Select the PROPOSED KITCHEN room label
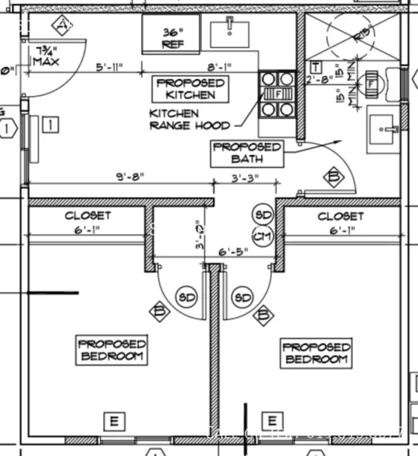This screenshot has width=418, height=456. [190, 88]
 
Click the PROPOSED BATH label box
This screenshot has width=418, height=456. [247, 153]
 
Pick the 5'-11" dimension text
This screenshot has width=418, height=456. [110, 67]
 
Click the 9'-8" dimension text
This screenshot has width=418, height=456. [130, 178]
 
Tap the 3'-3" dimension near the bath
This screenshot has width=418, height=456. [244, 178]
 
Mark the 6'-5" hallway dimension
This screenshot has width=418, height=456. [234, 251]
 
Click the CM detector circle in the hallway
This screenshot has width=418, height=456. [262, 236]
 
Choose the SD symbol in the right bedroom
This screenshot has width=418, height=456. [244, 297]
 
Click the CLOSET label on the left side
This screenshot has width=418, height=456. [87, 216]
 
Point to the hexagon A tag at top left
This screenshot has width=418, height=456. [62, 27]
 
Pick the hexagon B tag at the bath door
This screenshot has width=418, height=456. [332, 177]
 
